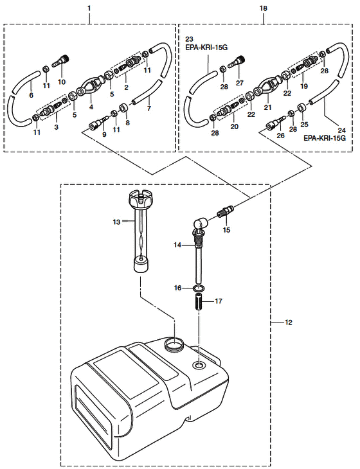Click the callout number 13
[x=116, y=222]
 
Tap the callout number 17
[x=219, y=301]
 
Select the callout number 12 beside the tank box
[x=288, y=323]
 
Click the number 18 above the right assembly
[x=263, y=8]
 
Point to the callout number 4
[x=91, y=107]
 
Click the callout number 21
[x=267, y=107]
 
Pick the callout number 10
[x=62, y=82]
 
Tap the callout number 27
[x=239, y=82]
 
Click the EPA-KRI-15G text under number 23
[x=206, y=48]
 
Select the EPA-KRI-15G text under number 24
[x=325, y=138]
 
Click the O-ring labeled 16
[x=199, y=288]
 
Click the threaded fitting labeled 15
[x=226, y=212]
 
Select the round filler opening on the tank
[x=174, y=344]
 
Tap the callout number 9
[x=104, y=135]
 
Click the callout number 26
[x=280, y=136]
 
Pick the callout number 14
[x=177, y=245]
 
